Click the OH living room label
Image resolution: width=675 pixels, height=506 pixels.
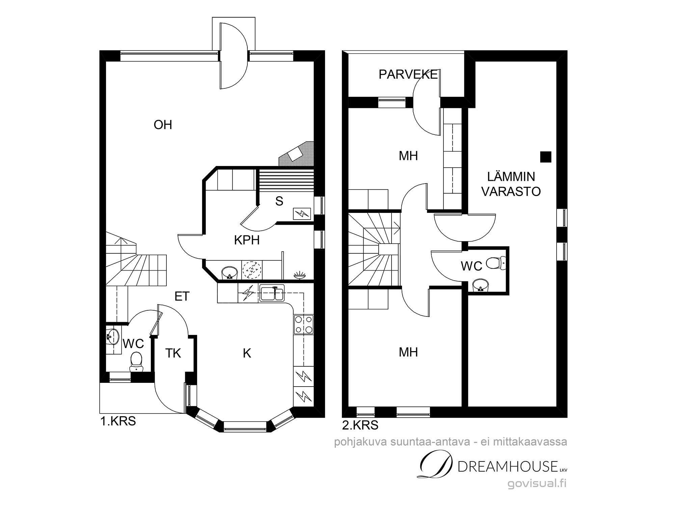point(163,125)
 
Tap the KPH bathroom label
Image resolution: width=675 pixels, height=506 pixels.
point(247,240)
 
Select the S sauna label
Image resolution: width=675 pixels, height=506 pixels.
point(279,201)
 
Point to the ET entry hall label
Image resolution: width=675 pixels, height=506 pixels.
point(182,296)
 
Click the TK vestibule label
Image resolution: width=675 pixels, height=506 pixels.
point(173,353)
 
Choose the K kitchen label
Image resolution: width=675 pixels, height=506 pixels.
point(247,353)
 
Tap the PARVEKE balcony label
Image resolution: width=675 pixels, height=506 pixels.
point(408,74)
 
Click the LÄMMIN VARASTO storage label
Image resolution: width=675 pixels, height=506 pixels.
point(511,184)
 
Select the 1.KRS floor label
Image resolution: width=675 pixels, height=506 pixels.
point(118,421)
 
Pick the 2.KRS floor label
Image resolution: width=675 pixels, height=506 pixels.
point(360,425)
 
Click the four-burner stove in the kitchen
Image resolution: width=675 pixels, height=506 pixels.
point(303,324)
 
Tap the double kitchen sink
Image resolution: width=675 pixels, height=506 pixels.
point(272,292)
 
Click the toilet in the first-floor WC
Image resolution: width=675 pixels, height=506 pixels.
point(136,361)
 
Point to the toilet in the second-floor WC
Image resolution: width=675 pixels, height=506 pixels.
point(497,263)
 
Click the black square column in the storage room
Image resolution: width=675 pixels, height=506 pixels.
point(546,157)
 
